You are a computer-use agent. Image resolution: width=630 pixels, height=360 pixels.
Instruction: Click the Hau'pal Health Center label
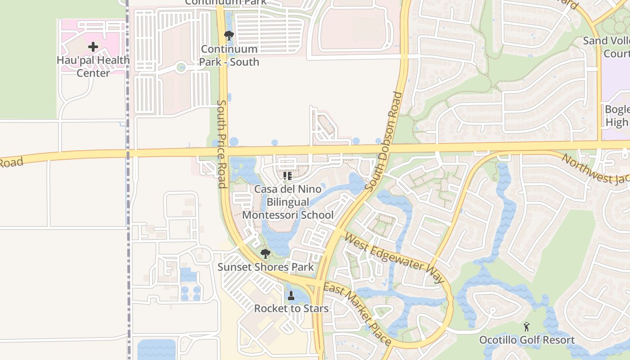(93, 67)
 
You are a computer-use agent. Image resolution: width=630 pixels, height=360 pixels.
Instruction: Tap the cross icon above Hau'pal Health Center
(93, 47)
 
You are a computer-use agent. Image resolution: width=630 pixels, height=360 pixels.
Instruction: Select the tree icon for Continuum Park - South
(229, 35)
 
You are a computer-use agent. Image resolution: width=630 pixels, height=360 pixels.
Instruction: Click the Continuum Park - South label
(229, 55)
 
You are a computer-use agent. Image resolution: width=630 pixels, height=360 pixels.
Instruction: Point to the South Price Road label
(222, 144)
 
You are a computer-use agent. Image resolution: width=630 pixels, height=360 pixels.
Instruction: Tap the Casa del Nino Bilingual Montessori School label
(288, 202)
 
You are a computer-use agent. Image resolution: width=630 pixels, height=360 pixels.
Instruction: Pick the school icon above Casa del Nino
(288, 175)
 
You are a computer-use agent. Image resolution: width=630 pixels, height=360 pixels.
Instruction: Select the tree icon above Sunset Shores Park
(265, 254)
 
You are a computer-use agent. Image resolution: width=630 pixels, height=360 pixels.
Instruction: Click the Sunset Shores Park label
(265, 267)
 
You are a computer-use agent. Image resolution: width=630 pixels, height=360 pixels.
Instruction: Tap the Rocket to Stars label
(291, 309)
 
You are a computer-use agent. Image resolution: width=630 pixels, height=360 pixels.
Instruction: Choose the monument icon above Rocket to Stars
(291, 296)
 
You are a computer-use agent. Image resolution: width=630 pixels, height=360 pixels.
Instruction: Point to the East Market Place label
(357, 314)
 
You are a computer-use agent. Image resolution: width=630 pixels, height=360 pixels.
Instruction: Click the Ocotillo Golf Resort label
(526, 340)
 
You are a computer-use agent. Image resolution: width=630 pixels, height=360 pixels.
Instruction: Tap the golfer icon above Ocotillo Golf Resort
(526, 327)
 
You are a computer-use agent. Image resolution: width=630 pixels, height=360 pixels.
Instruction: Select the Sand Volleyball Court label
(607, 47)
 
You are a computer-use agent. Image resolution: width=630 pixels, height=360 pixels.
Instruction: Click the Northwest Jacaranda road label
(596, 169)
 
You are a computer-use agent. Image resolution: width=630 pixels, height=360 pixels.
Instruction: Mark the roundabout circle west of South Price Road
(181, 68)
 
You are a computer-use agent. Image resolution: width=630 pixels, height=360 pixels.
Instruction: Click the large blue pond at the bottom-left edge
(156, 350)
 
